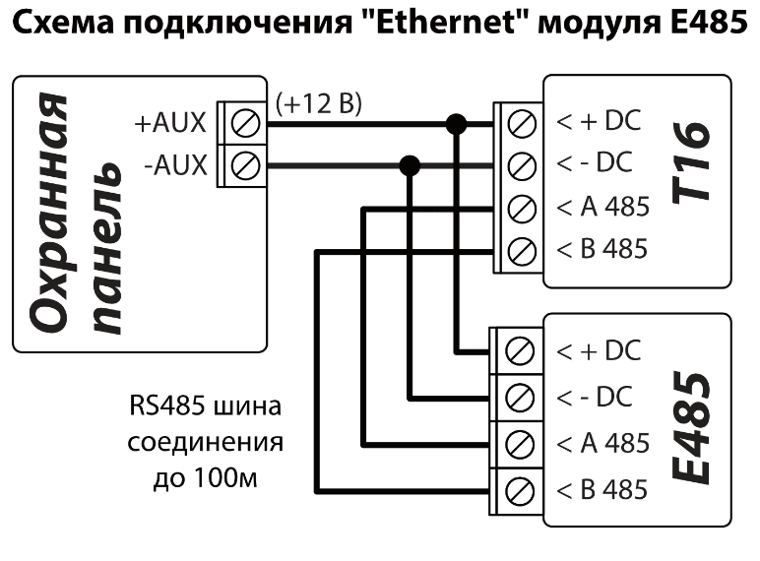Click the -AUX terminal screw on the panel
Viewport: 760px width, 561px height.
(x=242, y=165)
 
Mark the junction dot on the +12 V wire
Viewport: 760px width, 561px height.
(x=455, y=123)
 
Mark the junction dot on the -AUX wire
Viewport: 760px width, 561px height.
(x=411, y=165)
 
